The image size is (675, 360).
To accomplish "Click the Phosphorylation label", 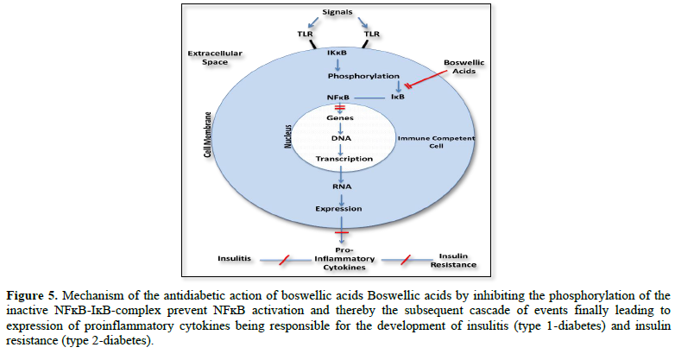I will click(338, 76).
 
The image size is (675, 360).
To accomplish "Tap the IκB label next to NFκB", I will click(396, 97).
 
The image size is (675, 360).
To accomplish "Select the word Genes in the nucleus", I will click(338, 117).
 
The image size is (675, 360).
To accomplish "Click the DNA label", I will click(338, 138).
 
